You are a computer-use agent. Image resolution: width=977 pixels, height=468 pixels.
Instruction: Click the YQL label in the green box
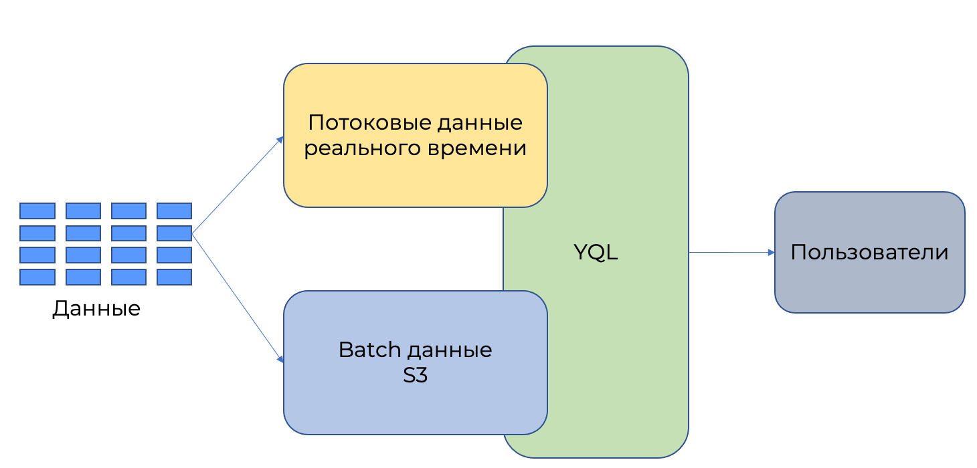tap(596, 253)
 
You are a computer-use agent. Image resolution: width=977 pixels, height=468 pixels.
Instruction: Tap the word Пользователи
tap(869, 253)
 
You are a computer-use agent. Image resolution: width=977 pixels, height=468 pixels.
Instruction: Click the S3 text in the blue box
tap(415, 375)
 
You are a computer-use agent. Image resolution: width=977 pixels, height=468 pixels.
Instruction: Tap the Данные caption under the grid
tap(96, 308)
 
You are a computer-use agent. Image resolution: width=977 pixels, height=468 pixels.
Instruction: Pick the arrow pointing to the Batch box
tap(238, 298)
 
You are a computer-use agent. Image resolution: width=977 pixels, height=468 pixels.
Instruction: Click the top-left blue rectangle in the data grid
tap(37, 211)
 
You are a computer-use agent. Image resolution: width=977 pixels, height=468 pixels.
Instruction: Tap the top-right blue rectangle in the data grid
tap(174, 211)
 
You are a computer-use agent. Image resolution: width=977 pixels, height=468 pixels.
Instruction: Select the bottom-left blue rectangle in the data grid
tap(37, 277)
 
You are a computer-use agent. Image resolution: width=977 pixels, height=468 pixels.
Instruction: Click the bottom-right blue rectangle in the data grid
tap(174, 277)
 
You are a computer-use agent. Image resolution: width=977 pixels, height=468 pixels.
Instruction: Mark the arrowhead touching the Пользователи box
tap(771, 253)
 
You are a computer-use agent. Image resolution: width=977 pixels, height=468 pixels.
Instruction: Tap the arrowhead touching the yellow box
tap(280, 140)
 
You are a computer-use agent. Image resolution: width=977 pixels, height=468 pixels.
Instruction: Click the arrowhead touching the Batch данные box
tap(280, 361)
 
